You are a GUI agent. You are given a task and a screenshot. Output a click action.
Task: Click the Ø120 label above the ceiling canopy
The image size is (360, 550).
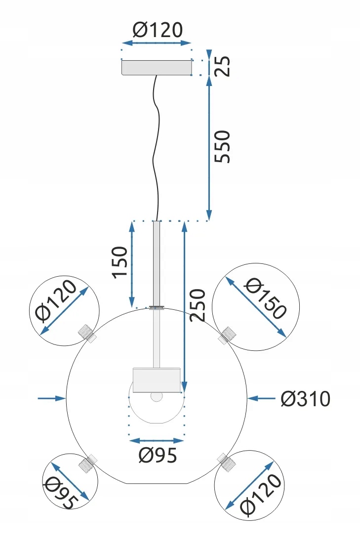pos(158,31)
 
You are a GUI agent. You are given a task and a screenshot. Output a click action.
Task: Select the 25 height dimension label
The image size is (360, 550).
pos(225,67)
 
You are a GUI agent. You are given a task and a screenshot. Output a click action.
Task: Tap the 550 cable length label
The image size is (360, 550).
pos(222,146)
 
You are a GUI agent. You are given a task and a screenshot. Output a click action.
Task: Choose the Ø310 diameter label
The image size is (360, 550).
pos(305,398)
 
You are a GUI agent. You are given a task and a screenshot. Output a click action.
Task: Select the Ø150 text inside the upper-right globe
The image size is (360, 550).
pos(265,299)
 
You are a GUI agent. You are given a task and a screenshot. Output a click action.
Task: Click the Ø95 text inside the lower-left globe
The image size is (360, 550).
pos(62,493)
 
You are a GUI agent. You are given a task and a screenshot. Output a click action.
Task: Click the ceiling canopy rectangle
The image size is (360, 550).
pos(157,68)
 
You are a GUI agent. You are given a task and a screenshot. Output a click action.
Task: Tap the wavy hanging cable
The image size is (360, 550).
pos(157,148)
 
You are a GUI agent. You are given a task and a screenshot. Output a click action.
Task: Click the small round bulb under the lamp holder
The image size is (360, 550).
pos(157,397)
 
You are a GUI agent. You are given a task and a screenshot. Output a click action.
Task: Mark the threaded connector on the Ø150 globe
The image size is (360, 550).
pos(227,335)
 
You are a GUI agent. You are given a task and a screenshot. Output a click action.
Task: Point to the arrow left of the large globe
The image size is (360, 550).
pos(51,398)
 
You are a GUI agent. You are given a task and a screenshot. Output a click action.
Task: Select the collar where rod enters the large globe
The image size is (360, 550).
pos(157,308)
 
